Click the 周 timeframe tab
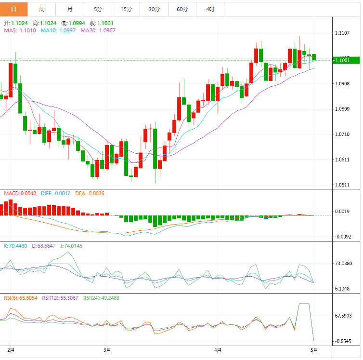tap(42, 9)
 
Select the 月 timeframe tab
tap(70, 9)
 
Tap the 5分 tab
tap(98, 9)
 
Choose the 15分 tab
tap(126, 9)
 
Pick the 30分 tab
tap(154, 9)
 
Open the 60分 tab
tap(182, 9)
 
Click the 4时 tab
tap(210, 9)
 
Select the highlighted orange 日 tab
tap(13, 9)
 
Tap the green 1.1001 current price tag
tap(346, 60)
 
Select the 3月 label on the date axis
tap(107, 349)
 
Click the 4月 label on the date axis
tap(218, 349)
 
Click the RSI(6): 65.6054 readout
tap(21, 297)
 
